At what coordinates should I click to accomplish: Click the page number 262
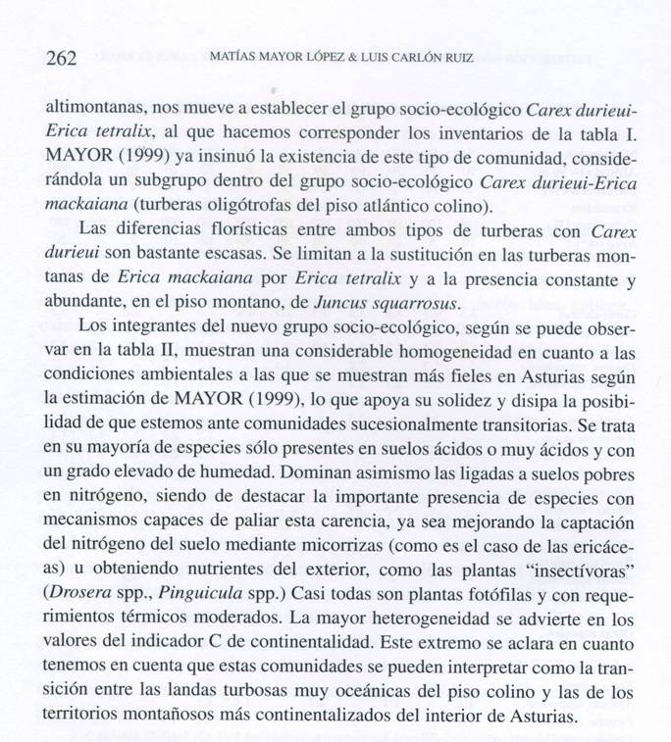click(62, 57)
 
